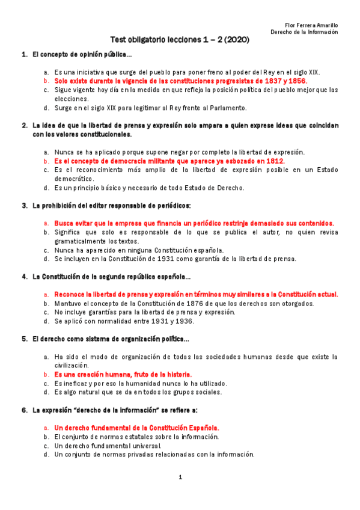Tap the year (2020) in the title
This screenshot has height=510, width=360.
236,40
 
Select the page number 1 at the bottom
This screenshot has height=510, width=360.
180,478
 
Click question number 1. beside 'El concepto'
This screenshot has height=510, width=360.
25,55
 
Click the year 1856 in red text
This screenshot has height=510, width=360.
297,80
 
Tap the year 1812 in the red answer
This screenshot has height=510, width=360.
274,161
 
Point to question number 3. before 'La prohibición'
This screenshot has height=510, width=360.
25,206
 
